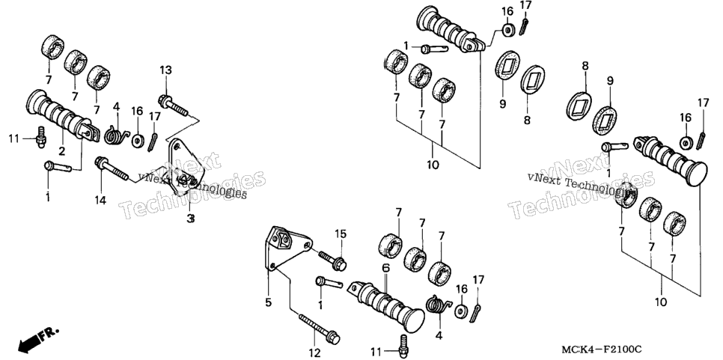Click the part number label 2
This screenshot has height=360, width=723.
click(61, 150)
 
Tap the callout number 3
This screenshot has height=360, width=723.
click(190, 219)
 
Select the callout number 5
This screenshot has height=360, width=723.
click(269, 303)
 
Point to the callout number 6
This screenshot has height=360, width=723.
click(385, 268)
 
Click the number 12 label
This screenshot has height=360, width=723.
click(314, 353)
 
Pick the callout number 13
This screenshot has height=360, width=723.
click(165, 70)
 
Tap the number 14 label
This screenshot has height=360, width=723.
click(100, 200)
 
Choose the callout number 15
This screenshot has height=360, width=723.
click(341, 234)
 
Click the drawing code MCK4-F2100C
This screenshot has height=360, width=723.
click(601, 350)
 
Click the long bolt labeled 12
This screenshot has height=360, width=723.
click(319, 329)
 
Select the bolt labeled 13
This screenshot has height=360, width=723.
click(174, 105)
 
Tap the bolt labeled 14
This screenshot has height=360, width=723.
click(111, 169)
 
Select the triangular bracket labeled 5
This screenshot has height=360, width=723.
click(287, 249)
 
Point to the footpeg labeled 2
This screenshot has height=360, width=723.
click(62, 116)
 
